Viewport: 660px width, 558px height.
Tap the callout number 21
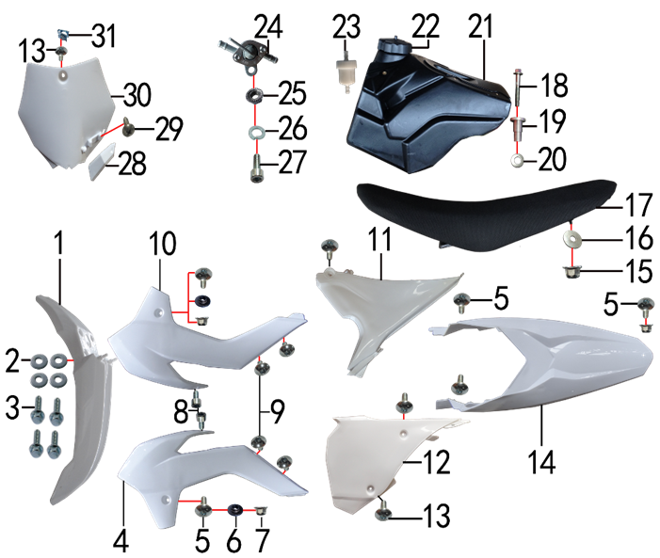(481, 26)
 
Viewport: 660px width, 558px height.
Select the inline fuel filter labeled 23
(346, 71)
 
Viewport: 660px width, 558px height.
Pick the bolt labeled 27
(256, 168)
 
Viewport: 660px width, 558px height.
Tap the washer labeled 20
(517, 161)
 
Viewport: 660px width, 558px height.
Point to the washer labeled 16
(572, 240)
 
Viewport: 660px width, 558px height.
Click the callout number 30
(137, 95)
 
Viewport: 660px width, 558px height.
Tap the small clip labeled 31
(63, 33)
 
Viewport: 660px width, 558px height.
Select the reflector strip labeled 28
(102, 160)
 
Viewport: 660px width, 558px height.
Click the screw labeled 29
(128, 127)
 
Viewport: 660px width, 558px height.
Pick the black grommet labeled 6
(235, 510)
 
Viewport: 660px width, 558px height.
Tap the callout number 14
(542, 462)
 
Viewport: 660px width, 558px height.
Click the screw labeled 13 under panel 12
(383, 510)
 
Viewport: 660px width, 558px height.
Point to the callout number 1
(59, 243)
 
